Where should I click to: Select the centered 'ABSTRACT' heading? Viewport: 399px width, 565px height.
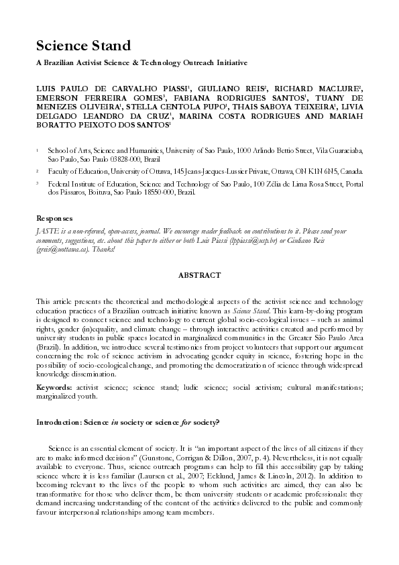pos(199,275)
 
